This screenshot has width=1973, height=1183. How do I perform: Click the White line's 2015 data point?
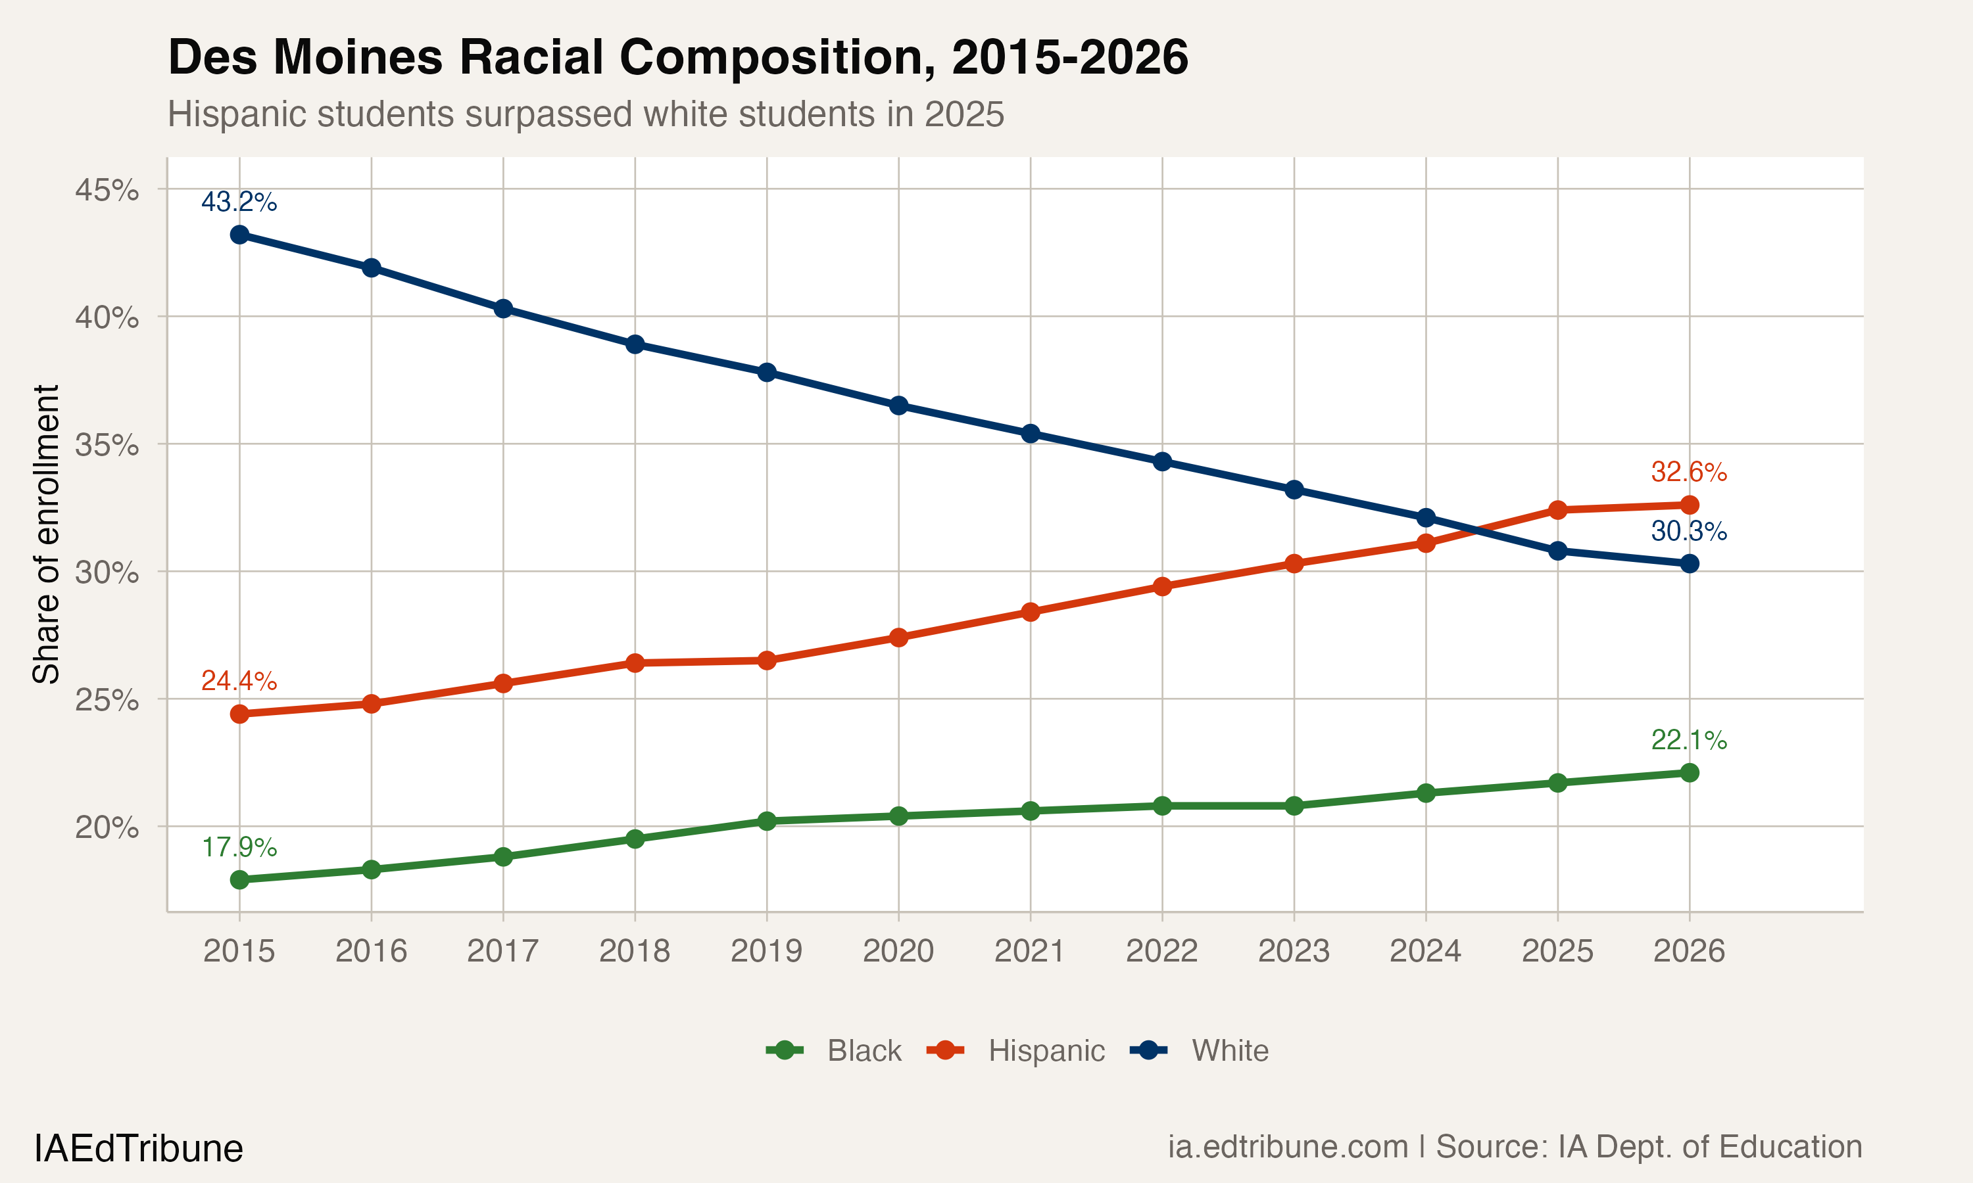(x=239, y=235)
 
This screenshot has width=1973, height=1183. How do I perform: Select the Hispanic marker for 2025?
(x=1557, y=509)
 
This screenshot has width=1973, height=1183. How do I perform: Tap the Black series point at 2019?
(x=766, y=821)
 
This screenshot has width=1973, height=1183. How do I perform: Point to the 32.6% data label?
(x=1688, y=472)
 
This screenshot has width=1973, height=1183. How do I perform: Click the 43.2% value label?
(x=239, y=202)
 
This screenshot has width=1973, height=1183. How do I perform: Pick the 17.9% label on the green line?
(x=239, y=847)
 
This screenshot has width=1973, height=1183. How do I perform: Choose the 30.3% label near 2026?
(x=1688, y=531)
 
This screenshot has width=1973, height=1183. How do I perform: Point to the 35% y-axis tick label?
(x=107, y=445)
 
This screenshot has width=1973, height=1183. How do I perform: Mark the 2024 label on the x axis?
(x=1425, y=951)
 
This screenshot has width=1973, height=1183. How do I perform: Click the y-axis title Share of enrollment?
(x=46, y=534)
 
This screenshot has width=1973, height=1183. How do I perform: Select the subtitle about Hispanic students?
(x=585, y=114)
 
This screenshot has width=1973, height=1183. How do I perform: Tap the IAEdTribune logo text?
(x=139, y=1149)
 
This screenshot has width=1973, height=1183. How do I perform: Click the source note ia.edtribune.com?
(x=1288, y=1147)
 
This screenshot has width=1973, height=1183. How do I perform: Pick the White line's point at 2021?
(x=1031, y=434)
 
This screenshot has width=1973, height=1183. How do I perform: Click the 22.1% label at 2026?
(x=1688, y=740)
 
